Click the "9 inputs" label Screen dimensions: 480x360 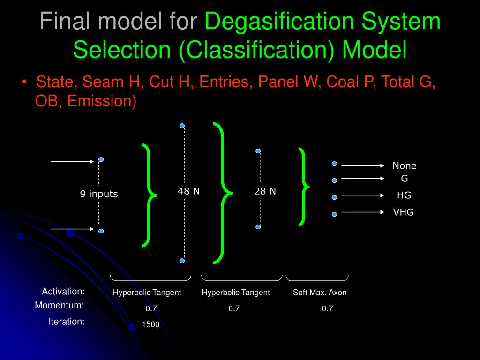tap(98, 194)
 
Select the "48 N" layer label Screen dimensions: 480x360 tap(188, 191)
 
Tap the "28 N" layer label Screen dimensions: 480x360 tap(265, 191)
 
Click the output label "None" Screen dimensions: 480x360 tap(404, 166)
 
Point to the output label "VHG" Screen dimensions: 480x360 tap(403, 212)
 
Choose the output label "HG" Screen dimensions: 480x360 tap(404, 195)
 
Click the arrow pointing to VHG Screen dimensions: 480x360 tap(363, 212)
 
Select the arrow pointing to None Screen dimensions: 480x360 tap(363, 165)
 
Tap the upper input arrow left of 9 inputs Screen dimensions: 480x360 tap(73, 161)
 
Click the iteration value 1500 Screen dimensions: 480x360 tap(151, 324)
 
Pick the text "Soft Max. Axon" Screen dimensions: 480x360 tap(320, 292)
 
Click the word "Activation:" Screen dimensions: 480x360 tap(63, 292)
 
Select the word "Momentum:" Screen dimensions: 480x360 tap(60, 306)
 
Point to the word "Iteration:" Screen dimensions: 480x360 tap(67, 322)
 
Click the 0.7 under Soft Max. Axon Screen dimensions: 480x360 tap(327, 308)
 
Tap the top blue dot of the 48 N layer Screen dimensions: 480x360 tap(182, 126)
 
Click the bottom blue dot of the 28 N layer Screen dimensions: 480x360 tap(258, 227)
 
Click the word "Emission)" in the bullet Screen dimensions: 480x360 tap(102, 101)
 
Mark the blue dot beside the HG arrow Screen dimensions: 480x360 tap(334, 197)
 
